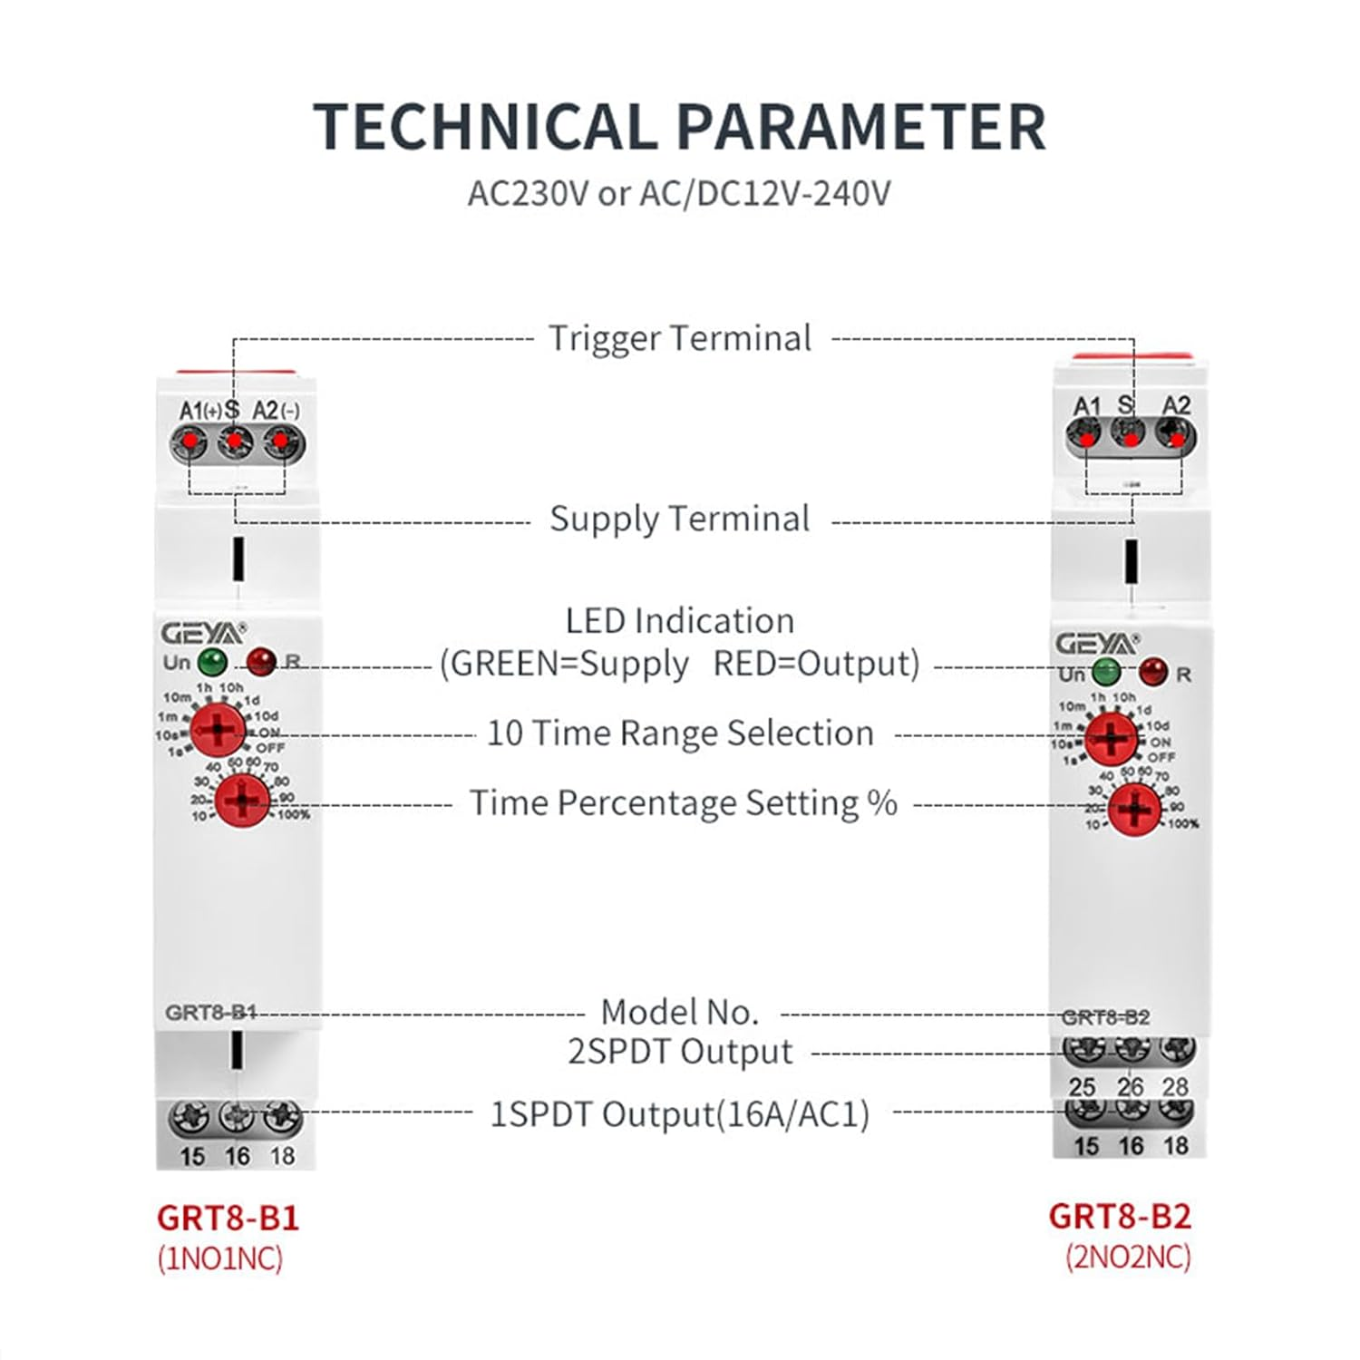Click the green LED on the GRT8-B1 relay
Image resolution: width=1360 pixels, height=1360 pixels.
[x=212, y=662]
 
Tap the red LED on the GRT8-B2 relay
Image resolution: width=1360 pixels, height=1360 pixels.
[x=1153, y=672]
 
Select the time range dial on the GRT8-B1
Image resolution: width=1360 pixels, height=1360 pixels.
[x=218, y=730]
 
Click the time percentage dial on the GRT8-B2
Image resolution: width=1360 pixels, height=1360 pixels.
[x=1133, y=809]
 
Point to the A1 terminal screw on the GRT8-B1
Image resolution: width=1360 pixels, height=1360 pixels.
[x=190, y=443]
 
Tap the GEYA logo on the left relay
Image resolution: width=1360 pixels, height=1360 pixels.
[x=201, y=633]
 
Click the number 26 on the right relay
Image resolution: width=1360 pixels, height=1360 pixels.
[x=1131, y=1086]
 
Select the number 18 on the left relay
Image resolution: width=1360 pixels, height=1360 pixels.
[x=283, y=1156]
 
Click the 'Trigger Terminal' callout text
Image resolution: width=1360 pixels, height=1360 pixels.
[x=680, y=339]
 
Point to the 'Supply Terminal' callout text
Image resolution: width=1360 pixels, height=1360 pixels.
[x=680, y=520]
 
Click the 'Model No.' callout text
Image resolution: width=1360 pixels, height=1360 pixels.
[x=680, y=1012]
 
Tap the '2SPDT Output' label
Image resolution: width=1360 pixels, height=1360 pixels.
[x=680, y=1052]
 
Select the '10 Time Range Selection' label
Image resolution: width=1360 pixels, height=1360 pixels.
[x=680, y=733]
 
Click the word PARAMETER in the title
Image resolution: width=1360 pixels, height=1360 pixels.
[x=860, y=126]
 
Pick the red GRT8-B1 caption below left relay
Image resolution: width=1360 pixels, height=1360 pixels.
[x=228, y=1218]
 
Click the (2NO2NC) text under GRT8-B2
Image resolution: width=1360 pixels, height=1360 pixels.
[x=1128, y=1258]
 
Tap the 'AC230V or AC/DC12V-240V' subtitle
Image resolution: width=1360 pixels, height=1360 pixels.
[x=679, y=193]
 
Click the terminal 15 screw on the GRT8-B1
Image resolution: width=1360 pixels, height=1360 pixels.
[x=189, y=1118]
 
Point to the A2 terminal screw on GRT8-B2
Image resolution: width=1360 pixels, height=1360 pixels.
[x=1176, y=437]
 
